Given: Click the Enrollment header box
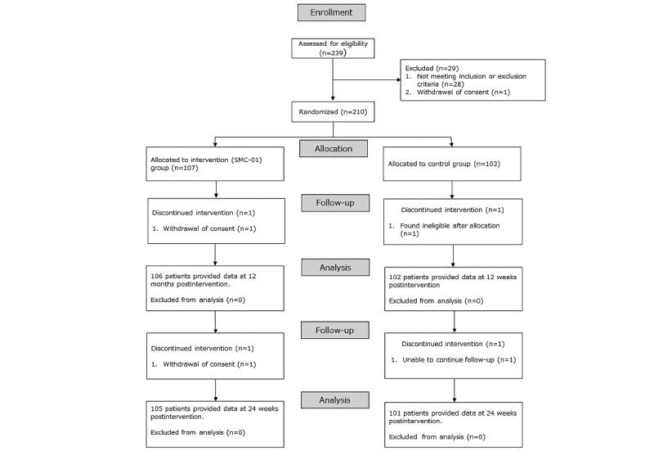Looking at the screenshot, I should tap(332, 13).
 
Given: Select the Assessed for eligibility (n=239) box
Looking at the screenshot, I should tap(332, 48).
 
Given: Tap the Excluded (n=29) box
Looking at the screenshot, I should tap(473, 79).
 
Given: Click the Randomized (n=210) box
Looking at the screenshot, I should tap(332, 111).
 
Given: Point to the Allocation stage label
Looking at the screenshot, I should tap(332, 149).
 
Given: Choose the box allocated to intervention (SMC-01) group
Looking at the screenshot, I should tap(216, 163).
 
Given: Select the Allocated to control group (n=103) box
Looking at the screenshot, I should tap(451, 163).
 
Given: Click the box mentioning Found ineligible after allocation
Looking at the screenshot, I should tap(451, 221).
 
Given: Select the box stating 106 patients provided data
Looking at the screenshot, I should tap(216, 287).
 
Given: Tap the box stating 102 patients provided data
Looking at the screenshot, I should tap(451, 287).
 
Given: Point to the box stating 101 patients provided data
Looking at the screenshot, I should tap(451, 423).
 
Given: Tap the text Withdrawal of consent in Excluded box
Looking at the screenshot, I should tap(468, 92).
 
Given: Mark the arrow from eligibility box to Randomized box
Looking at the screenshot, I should tap(332, 90).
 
